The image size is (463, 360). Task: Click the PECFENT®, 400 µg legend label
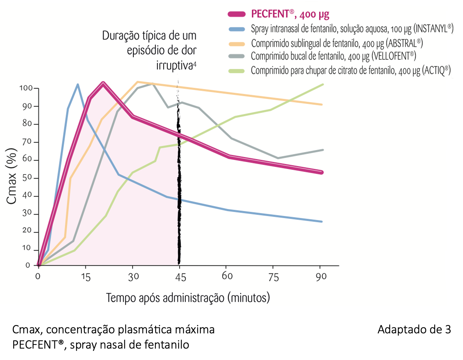(290, 14)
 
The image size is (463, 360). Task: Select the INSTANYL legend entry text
(352, 29)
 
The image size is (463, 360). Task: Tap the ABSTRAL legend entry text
(337, 43)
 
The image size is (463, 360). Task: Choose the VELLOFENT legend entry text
(333, 56)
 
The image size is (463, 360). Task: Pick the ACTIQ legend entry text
(351, 71)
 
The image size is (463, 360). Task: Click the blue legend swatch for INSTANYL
(237, 29)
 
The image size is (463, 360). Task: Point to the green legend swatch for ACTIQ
(237, 71)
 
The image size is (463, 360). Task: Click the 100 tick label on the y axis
(26, 88)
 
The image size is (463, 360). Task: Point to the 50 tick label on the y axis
(27, 178)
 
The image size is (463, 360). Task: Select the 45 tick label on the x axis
(180, 277)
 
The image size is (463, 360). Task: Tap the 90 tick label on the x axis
(321, 277)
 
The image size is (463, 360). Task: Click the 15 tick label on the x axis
(85, 277)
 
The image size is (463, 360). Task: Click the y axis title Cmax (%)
(12, 176)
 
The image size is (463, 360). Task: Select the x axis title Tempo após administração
(188, 298)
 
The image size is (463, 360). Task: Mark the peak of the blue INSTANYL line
(78, 84)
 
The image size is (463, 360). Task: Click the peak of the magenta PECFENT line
(103, 83)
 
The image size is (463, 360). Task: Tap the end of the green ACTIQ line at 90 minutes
(323, 84)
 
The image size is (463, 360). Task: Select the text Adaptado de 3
(414, 329)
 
